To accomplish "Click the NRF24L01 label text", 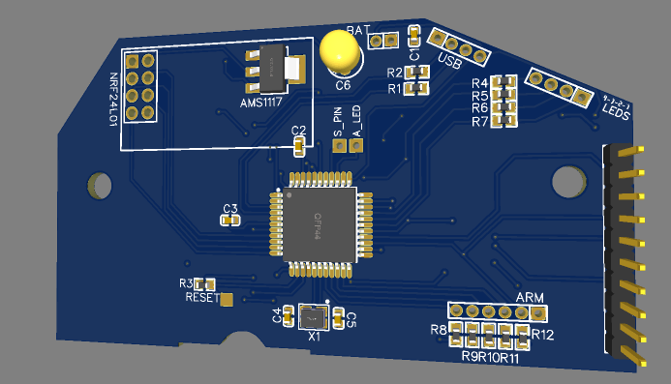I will tap(113, 98).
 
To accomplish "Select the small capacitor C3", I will tap(229, 220).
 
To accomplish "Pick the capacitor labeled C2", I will tap(299, 145).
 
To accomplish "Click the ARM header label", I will tap(530, 297).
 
